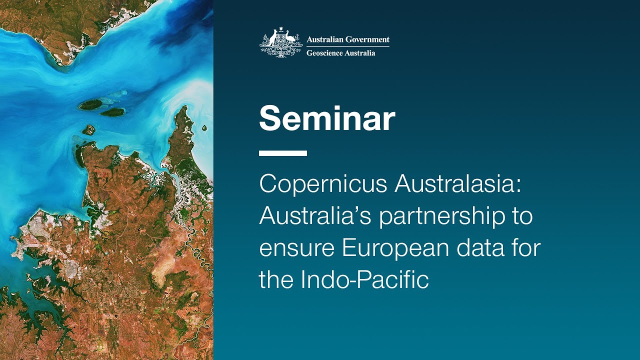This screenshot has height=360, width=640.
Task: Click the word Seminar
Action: [327, 118]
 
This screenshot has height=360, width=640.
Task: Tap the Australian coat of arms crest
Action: [280, 43]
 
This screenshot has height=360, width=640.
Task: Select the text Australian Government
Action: [348, 39]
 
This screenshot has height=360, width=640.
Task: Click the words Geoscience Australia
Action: [341, 53]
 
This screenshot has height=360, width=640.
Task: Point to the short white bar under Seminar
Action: [283, 153]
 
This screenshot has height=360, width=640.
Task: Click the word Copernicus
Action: [323, 185]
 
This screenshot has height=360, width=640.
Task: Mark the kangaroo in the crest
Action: [271, 38]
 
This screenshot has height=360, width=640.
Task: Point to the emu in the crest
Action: [290, 38]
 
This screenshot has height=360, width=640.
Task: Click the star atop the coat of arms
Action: [281, 29]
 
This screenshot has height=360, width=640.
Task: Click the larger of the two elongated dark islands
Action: [90, 104]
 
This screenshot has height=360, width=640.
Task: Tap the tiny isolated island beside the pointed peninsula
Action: [204, 128]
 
